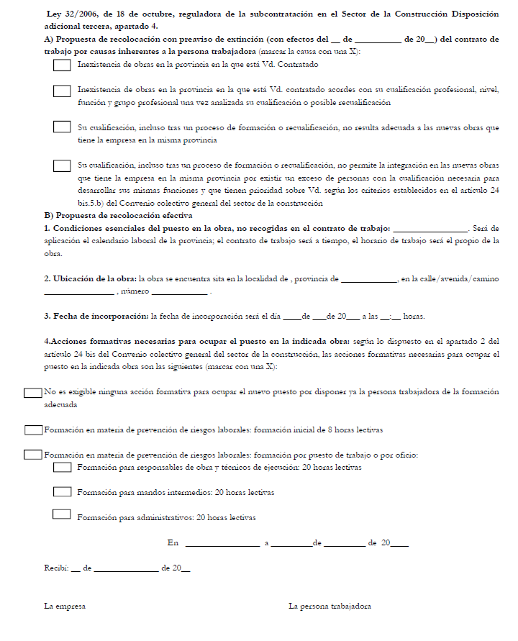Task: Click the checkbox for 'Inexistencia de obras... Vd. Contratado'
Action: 62,65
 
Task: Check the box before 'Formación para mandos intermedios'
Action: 62,492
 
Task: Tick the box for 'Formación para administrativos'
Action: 62,515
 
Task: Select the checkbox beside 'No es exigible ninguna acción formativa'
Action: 32,393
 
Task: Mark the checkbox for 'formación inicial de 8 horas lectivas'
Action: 33,430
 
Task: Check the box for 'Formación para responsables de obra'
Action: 62,468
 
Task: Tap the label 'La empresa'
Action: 65,606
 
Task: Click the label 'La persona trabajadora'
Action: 330,606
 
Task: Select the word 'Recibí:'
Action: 56,568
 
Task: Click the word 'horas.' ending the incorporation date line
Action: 414,316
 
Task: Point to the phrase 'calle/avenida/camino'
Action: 460,278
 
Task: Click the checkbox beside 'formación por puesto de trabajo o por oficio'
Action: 33,455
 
